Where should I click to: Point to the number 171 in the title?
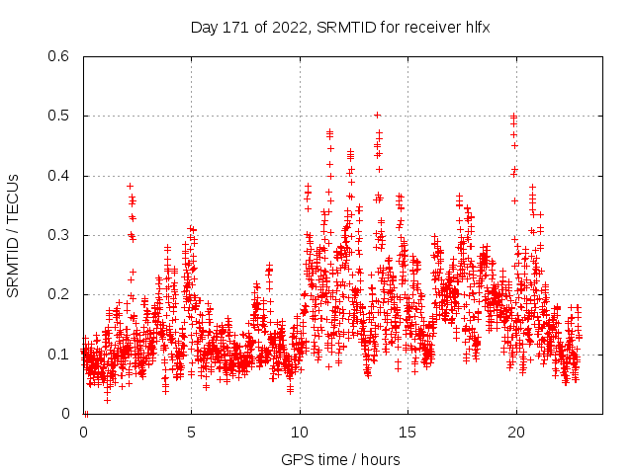[x=237, y=28]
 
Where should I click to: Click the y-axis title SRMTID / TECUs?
[x=13, y=235]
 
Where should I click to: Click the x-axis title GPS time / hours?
[x=341, y=459]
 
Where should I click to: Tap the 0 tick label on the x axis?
[x=84, y=432]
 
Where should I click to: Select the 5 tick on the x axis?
[x=192, y=432]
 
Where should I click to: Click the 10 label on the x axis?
[x=300, y=432]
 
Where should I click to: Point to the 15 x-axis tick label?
[x=407, y=432]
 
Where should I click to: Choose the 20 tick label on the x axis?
[x=515, y=432]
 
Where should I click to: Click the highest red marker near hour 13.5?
[x=377, y=115]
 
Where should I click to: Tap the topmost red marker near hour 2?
[x=129, y=186]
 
